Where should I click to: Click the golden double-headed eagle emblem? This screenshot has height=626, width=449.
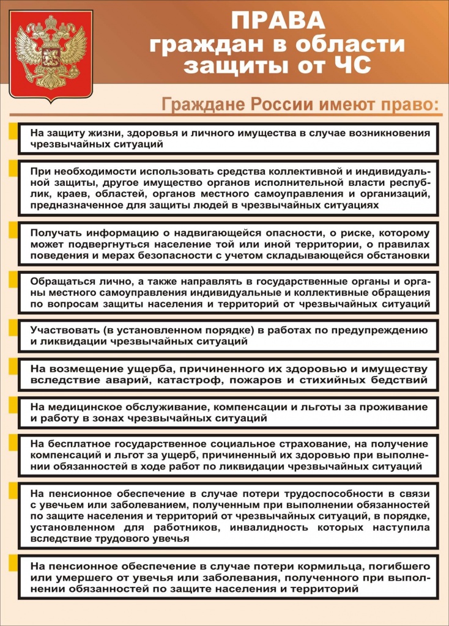point(51,54)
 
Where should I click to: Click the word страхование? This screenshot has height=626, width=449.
point(295,444)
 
